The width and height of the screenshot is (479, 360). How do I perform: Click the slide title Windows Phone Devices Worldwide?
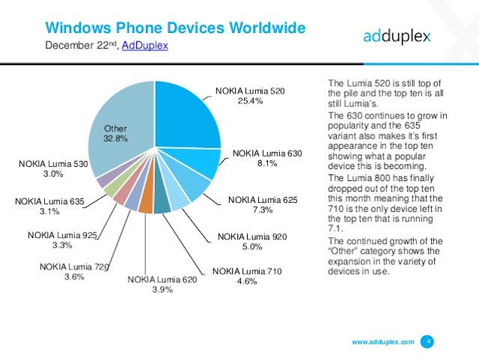pos(175,28)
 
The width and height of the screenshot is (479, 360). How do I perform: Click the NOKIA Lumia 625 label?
pos(263,200)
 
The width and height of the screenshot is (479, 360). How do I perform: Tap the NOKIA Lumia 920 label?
pos(253,237)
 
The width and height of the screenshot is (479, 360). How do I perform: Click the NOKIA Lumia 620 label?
pos(162,280)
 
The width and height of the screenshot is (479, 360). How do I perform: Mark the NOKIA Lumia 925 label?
pos(63,235)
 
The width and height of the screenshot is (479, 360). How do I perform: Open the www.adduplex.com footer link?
pos(382,341)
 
